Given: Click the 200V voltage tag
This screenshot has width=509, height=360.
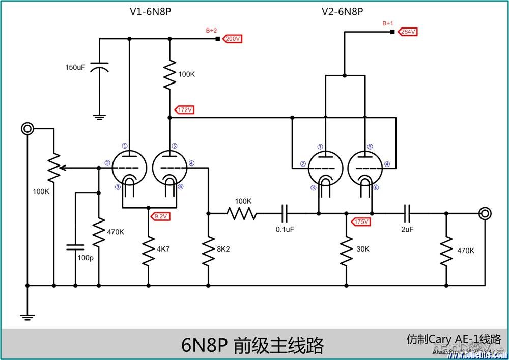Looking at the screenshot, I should point(233,39).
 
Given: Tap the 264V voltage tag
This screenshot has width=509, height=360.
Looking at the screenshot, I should point(408,32).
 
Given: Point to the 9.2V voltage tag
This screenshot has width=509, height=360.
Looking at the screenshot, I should point(160,216).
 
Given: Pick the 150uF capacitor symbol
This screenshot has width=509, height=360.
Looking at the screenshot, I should point(100,68).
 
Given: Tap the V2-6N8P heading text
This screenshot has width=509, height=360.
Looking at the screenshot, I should point(342,12).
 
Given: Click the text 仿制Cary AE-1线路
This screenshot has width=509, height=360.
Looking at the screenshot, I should point(454,339).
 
